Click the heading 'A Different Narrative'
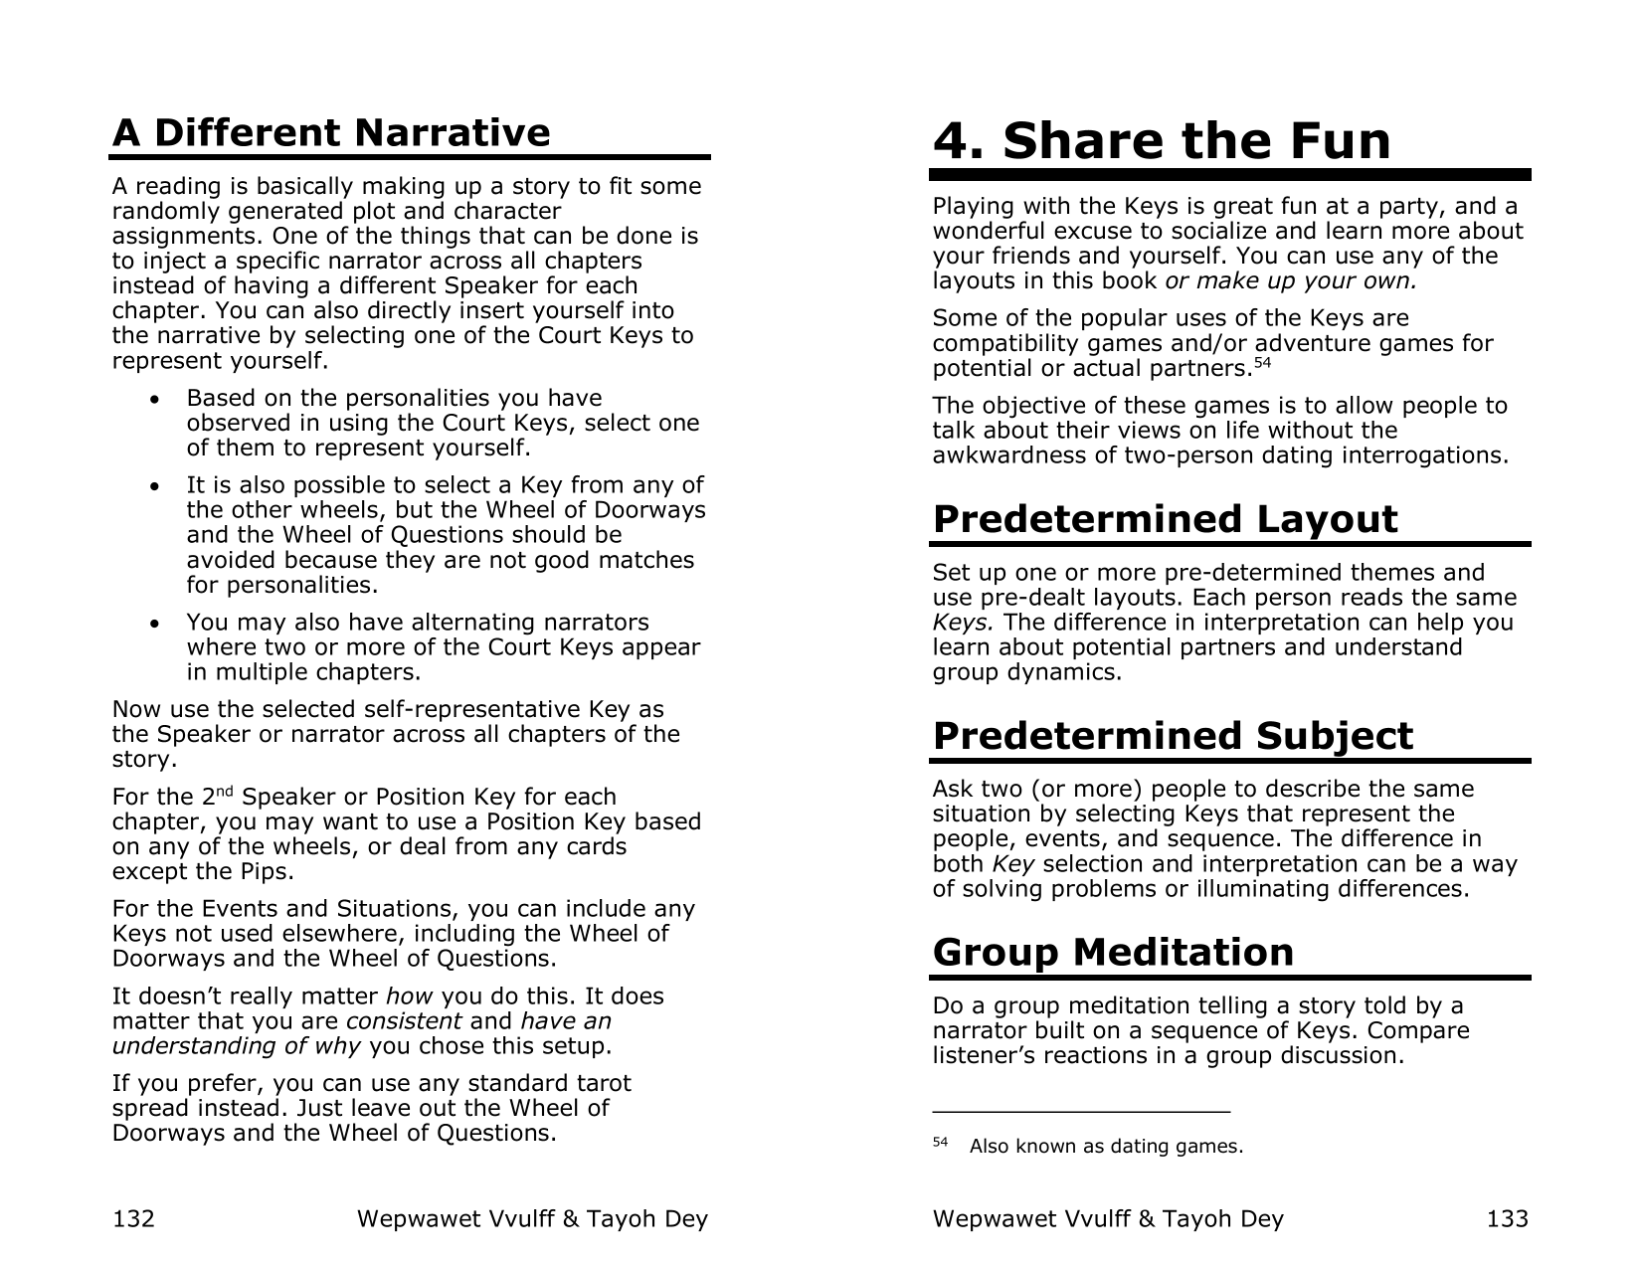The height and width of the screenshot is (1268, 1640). pos(330,132)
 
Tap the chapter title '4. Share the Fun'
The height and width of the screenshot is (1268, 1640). pos(1162,140)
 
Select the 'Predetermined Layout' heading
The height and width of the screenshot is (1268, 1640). pos(1165,519)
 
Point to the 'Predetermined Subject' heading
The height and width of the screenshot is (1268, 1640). pos(1173,736)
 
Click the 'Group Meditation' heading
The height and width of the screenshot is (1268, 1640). pos(1113,952)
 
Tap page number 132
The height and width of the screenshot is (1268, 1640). pos(133,1218)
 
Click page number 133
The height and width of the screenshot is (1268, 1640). pos(1507,1218)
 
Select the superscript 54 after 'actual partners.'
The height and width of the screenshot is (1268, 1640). pos(1262,363)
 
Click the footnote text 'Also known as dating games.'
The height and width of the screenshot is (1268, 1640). pos(1106,1146)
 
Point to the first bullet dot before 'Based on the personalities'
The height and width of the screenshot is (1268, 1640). pos(152,400)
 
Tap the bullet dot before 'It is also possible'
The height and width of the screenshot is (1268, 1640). pos(152,487)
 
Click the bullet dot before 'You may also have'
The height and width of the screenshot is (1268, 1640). pos(152,625)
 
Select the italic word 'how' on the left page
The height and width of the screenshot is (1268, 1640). pos(408,996)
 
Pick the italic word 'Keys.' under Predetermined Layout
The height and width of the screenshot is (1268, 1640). pos(963,623)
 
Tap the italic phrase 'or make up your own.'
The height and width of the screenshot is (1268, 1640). pos(1291,280)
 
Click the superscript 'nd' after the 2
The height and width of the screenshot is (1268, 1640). pos(226,792)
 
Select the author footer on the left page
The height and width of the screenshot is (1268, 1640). pos(532,1218)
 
